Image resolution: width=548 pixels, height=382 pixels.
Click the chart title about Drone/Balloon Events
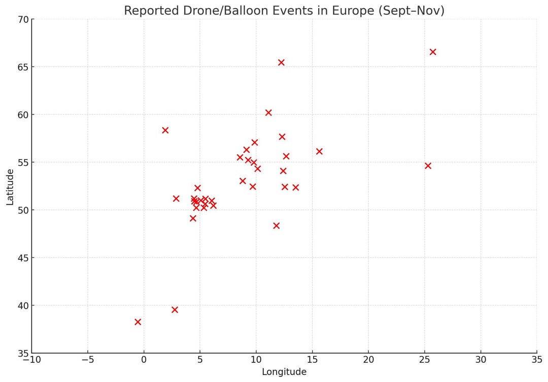[284, 11]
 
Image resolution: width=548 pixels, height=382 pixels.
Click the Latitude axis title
[10, 187]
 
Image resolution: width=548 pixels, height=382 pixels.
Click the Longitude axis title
[284, 372]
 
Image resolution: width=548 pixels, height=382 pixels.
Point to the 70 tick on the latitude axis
[22, 19]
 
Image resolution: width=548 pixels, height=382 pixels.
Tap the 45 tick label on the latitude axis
[22, 258]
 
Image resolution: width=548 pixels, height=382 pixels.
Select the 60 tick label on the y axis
[22, 115]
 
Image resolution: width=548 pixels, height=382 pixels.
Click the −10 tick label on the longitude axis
[31, 360]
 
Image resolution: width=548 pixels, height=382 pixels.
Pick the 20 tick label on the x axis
[368, 360]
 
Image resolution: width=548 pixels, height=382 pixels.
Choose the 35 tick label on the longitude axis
[537, 360]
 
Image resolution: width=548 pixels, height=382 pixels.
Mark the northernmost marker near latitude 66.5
[433, 52]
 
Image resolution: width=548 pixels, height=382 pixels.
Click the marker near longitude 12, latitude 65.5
[281, 62]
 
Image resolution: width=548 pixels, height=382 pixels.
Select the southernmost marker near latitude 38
[138, 322]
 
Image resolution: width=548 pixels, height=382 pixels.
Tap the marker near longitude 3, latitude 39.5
[175, 310]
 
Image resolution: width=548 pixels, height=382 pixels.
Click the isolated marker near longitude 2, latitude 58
[165, 130]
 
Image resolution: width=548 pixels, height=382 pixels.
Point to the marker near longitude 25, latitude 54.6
[428, 166]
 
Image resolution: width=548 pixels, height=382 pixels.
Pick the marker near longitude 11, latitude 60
[268, 112]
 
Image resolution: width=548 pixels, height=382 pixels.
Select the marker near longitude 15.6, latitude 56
[319, 151]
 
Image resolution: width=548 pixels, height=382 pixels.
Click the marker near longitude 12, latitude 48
[276, 225]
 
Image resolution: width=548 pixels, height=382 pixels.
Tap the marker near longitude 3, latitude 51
[176, 199]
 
